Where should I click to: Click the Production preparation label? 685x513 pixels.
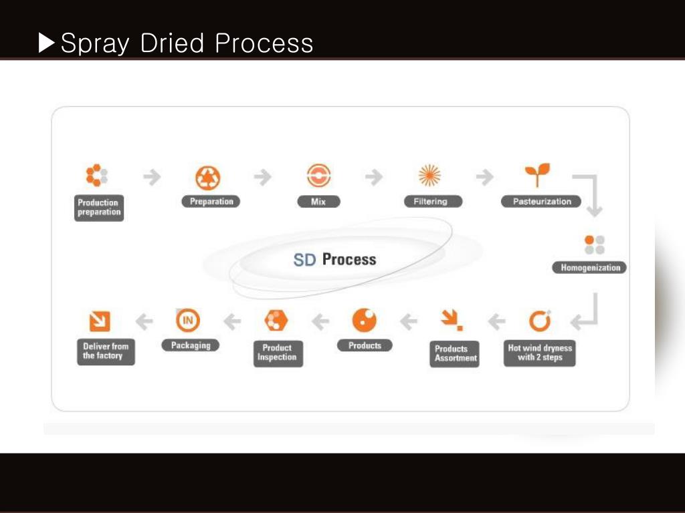pos(98,208)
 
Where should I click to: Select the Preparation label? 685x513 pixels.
pos(211,202)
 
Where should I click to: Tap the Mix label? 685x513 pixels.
pos(318,202)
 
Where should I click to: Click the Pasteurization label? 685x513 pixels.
pos(542,202)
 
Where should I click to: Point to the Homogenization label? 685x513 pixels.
pos(589,268)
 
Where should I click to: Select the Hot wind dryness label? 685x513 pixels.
pos(540,353)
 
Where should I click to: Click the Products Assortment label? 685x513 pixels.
pos(455,353)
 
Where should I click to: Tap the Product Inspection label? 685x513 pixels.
pos(277,353)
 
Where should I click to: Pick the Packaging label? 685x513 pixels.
pos(191,345)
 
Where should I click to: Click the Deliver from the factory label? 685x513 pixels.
pos(105,351)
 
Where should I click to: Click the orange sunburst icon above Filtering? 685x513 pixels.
pos(429,176)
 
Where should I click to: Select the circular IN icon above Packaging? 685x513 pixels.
pos(188,321)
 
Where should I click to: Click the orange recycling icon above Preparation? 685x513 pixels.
pos(208,178)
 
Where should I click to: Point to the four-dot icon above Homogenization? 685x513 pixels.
pos(594,244)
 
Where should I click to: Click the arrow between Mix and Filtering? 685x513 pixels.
pos(374,177)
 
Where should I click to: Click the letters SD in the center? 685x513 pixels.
pos(304,260)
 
